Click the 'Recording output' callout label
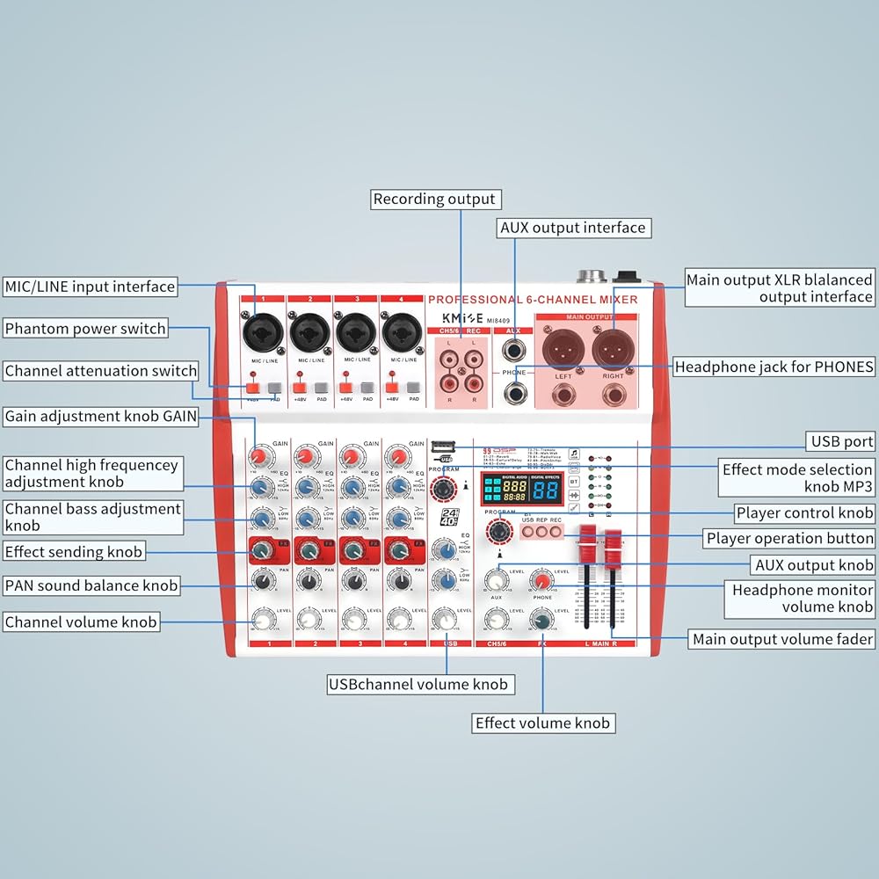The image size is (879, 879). tap(434, 200)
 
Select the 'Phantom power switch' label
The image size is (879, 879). tap(85, 329)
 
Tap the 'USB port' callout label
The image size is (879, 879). tap(841, 441)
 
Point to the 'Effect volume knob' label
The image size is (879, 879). tap(542, 723)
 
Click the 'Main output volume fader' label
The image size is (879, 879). tap(782, 639)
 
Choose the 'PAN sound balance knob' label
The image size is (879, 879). tap(91, 585)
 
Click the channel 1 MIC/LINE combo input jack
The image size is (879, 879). tap(261, 331)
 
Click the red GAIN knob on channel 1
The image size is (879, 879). tap(259, 456)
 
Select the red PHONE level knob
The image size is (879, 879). tap(542, 580)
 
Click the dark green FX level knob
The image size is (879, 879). tap(542, 621)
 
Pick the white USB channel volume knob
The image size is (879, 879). tap(447, 621)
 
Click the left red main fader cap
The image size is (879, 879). tap(586, 533)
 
